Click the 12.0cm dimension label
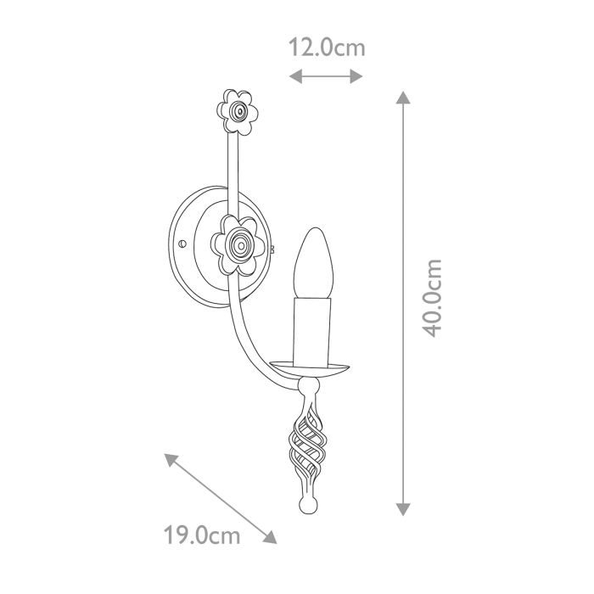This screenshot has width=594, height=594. point(327,47)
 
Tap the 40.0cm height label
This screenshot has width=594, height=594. point(434,297)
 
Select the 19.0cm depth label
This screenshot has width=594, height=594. point(202,535)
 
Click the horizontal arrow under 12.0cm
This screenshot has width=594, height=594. point(327,76)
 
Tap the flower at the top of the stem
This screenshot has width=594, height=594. point(237,110)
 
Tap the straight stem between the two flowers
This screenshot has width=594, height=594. point(234,174)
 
